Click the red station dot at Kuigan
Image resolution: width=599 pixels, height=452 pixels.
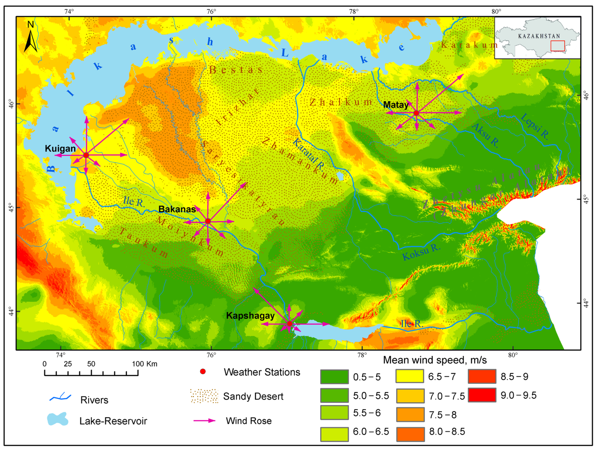(86, 155)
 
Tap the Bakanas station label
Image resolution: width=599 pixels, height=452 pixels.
(177, 209)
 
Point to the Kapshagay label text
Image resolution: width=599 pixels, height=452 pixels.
(250, 316)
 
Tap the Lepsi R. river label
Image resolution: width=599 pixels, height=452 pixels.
(535, 126)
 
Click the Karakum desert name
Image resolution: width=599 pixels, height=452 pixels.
(469, 45)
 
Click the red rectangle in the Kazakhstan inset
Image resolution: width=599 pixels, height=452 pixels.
(558, 46)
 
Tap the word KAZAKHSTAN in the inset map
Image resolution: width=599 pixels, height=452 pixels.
(539, 36)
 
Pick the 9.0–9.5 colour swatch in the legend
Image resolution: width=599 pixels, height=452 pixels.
(482, 395)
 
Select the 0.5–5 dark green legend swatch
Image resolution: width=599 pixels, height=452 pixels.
(334, 376)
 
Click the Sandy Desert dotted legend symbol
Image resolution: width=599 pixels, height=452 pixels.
(204, 396)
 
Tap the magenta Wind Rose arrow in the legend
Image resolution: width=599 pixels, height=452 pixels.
(204, 421)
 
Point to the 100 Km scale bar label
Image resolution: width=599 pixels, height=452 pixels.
(144, 364)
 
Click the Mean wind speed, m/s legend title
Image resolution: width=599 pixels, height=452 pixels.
(435, 360)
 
